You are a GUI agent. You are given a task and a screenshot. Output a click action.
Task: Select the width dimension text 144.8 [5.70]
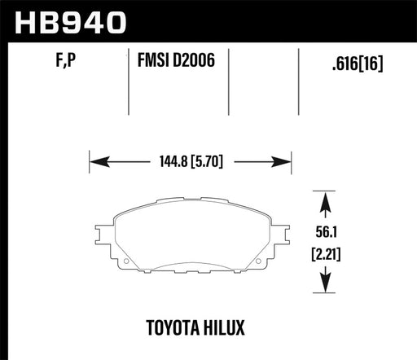pos(191,161)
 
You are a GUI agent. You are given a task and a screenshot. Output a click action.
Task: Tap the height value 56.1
pos(326,230)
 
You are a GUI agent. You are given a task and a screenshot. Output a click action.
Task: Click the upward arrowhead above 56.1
pos(326,200)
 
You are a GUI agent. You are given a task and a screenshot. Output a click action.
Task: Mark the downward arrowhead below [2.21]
pos(326,286)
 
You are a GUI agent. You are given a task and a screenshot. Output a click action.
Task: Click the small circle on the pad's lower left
pos(122,262)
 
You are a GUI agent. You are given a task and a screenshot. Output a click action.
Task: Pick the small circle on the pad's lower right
pos(258,262)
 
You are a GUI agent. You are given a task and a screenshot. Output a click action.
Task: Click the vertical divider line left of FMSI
pos(129,81)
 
